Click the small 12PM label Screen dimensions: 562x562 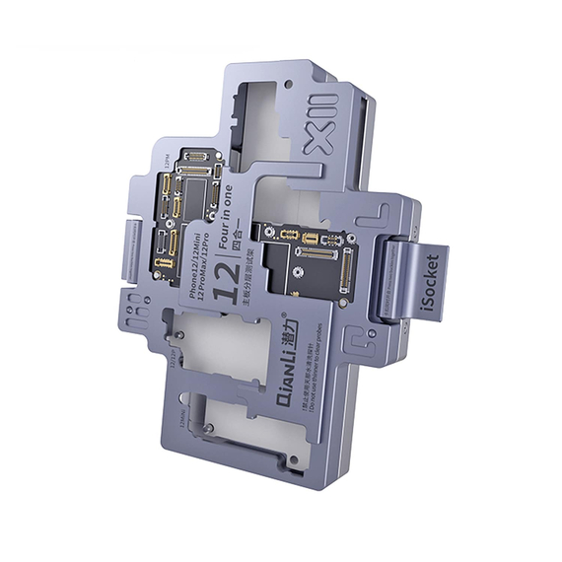pos(163,161)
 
